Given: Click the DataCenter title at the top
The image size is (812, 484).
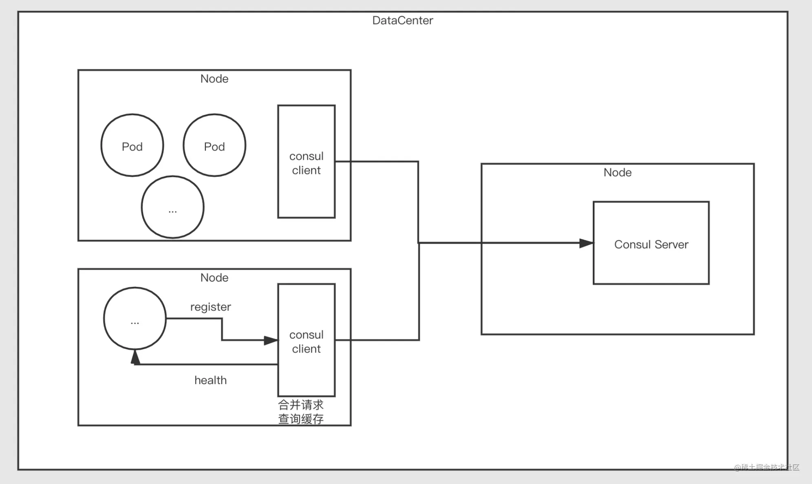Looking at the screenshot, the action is [403, 20].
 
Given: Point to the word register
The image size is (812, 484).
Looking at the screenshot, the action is [210, 307].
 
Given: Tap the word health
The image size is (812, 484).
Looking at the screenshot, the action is [210, 380].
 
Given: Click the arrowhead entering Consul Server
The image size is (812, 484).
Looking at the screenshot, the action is [587, 243].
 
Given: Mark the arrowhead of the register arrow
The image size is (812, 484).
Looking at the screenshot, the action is [271, 340].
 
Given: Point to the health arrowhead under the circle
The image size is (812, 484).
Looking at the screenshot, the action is [135, 357].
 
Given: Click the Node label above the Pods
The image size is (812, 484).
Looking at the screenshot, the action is [214, 79].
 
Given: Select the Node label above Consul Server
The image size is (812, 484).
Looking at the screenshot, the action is [618, 172].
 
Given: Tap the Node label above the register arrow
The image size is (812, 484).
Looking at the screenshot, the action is [214, 277].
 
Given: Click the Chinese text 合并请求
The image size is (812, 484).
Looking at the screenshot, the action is [301, 405].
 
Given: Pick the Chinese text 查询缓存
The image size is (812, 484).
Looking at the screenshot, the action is [301, 419].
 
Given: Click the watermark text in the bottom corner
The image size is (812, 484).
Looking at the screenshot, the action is [767, 467].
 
